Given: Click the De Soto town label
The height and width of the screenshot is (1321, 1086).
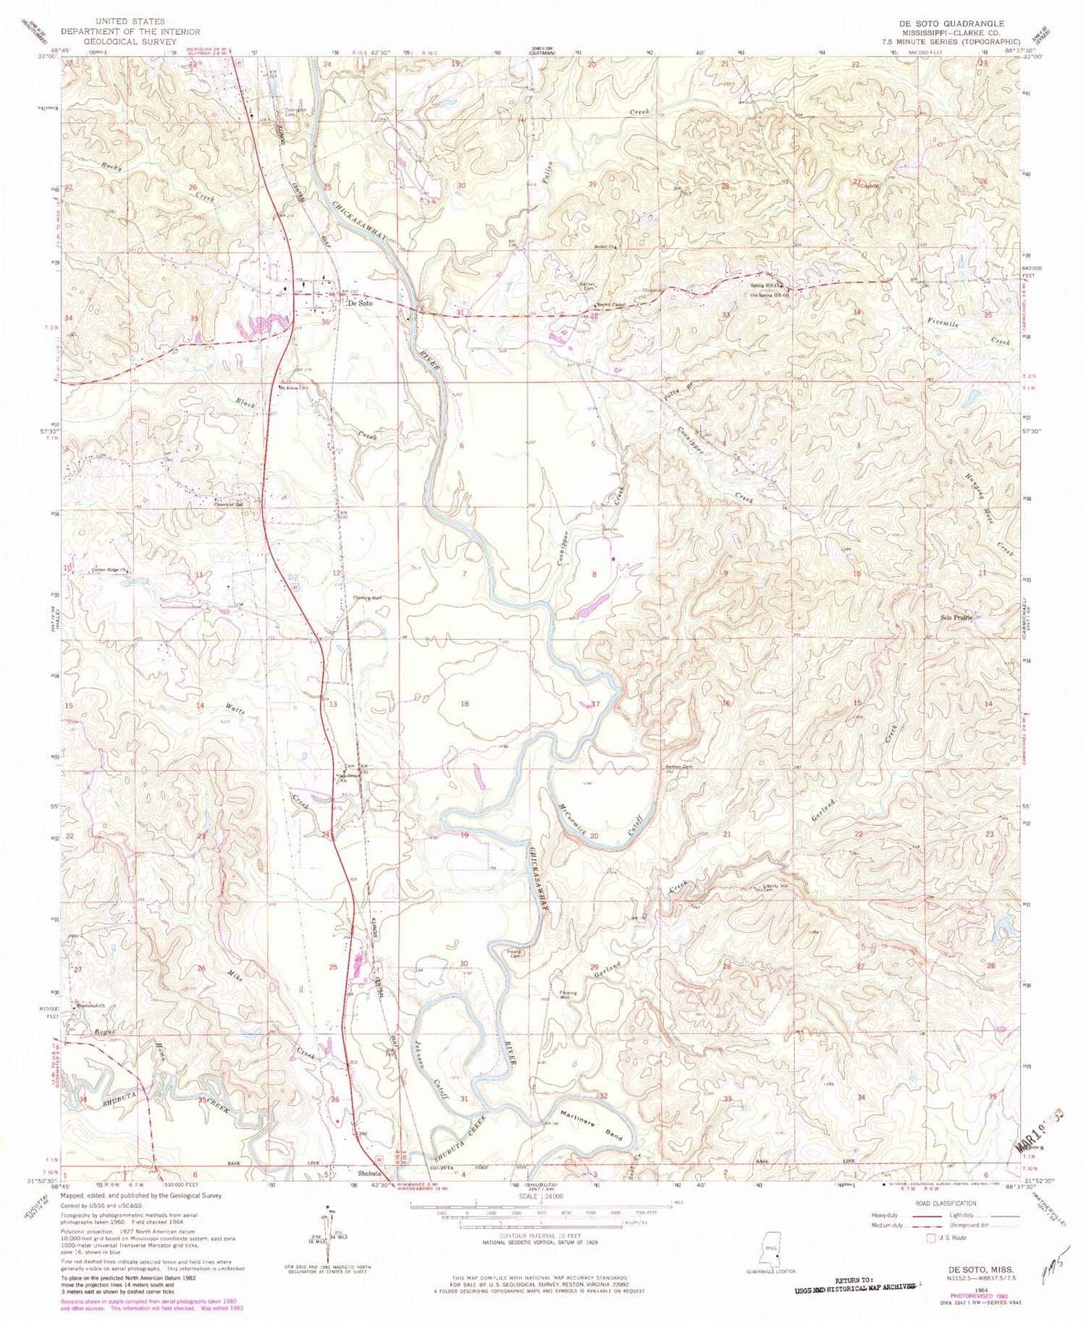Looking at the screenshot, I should [360, 303].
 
